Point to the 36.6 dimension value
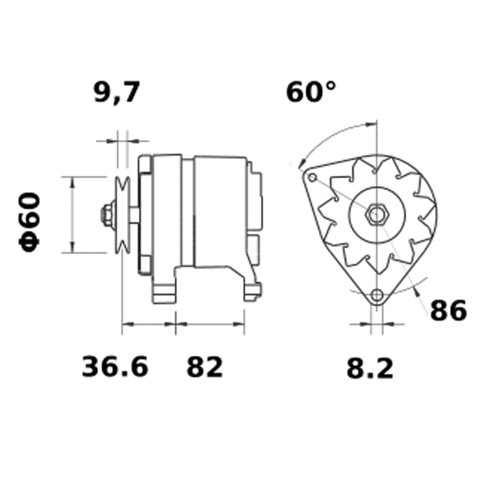pyautogui.click(x=114, y=366)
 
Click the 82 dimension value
pyautogui.click(x=205, y=366)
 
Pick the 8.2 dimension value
pyautogui.click(x=370, y=368)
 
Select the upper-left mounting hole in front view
pyautogui.click(x=311, y=178)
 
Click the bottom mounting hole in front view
pyautogui.click(x=377, y=295)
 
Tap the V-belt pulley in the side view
pyautogui.click(x=123, y=214)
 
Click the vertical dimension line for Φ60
pyautogui.click(x=72, y=214)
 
